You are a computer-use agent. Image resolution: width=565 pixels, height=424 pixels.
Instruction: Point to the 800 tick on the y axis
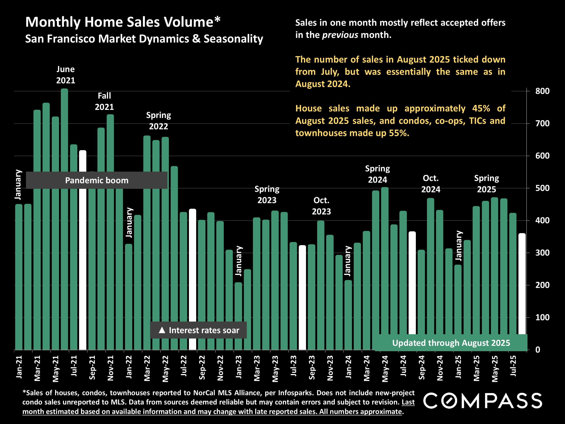[x=542, y=91]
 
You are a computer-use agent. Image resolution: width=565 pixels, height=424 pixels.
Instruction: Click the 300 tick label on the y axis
[x=542, y=253]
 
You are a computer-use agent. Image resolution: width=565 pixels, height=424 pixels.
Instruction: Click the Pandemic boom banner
[x=97, y=180]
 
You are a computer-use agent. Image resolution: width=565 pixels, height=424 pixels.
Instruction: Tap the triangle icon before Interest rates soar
[x=162, y=330]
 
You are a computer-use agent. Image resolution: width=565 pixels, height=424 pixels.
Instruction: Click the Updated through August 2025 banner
[x=451, y=343]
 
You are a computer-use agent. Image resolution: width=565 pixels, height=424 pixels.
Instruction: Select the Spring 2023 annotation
[x=267, y=194]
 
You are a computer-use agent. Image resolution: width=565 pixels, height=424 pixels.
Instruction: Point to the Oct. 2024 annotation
[x=431, y=184]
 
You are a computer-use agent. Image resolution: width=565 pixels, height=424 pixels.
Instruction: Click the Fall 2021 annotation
[x=104, y=101]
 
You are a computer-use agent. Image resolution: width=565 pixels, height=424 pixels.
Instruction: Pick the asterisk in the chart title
[x=217, y=19]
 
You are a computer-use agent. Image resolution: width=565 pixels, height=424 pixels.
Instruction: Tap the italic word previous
[x=340, y=35]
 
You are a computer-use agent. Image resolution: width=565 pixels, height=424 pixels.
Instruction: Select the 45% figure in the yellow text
[x=481, y=108]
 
